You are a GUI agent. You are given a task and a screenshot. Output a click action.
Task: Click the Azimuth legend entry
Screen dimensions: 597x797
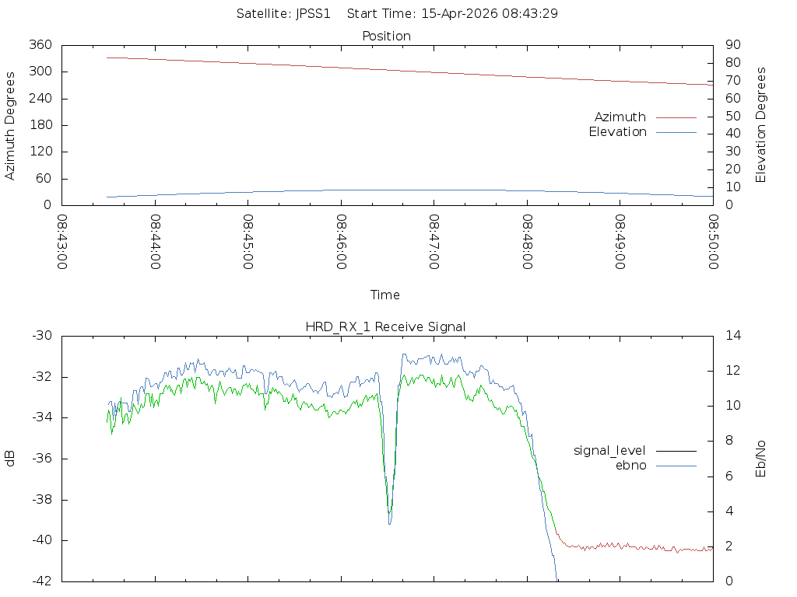(x=620, y=117)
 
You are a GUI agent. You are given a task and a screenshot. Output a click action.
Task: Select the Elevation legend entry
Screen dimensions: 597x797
(x=617, y=132)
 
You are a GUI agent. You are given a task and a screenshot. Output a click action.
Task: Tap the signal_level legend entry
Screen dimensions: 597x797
(x=610, y=450)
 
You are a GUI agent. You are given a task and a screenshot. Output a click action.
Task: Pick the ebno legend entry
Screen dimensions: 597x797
(x=630, y=465)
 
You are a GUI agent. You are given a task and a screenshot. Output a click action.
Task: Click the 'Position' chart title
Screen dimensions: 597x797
(x=386, y=36)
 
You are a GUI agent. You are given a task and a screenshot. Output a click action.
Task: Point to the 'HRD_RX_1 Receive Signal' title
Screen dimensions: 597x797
(x=385, y=326)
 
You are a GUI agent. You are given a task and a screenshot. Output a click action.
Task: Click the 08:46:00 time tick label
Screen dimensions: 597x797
(x=341, y=242)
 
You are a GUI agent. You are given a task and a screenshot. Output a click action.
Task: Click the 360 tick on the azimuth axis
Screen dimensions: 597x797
(x=41, y=45)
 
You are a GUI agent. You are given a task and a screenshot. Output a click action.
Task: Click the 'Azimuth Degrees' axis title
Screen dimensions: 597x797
(x=10, y=125)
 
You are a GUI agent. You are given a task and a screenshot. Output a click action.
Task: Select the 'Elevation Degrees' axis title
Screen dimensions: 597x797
(x=761, y=125)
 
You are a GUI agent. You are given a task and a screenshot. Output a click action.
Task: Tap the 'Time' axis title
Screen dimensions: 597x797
(x=385, y=295)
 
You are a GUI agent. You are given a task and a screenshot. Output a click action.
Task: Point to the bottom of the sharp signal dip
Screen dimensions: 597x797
(x=389, y=523)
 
